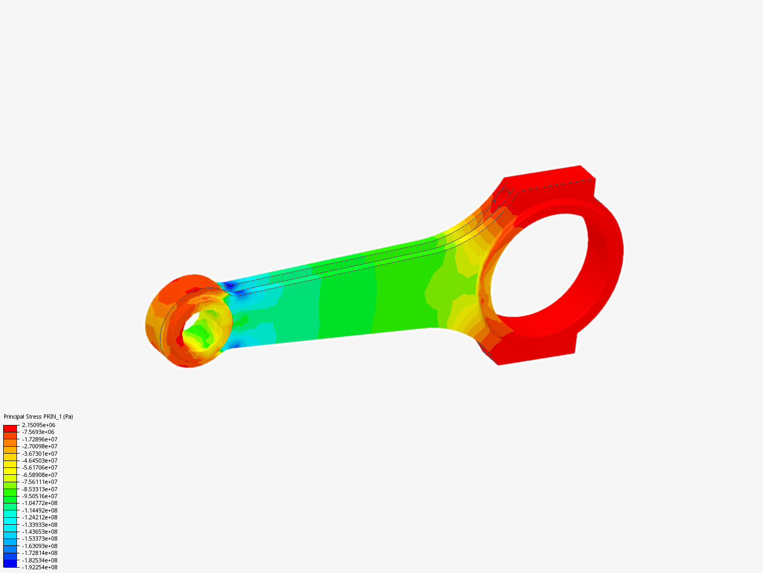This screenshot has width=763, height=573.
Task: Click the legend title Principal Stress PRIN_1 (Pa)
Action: [x=38, y=416]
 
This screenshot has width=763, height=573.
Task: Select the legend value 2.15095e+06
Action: [x=39, y=425]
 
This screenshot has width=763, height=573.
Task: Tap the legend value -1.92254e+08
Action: [x=40, y=567]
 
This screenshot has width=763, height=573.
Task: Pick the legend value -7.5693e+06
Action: [x=38, y=432]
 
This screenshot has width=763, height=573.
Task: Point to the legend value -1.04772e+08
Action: [x=40, y=503]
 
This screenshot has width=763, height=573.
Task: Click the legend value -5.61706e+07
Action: [x=40, y=467]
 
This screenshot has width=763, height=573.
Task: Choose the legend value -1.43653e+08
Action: [x=40, y=532]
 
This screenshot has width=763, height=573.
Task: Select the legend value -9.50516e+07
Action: [x=40, y=496]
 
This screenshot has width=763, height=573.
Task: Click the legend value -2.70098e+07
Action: [x=40, y=446]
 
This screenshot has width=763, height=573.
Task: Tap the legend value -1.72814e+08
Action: [x=40, y=553]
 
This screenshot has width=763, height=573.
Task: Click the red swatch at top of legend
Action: [x=10, y=428]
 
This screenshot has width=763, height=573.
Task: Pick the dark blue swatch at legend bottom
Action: [x=10, y=564]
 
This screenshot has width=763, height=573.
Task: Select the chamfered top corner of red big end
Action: [x=587, y=172]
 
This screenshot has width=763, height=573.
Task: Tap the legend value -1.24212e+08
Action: [x=40, y=517]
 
